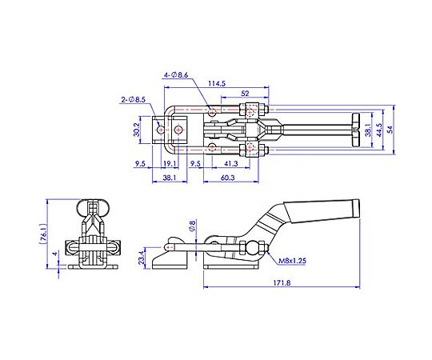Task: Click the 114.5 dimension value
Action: pyautogui.click(x=217, y=83)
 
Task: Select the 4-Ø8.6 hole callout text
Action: pyautogui.click(x=176, y=75)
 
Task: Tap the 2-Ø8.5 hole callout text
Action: pyautogui.click(x=133, y=99)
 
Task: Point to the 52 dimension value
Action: pyautogui.click(x=245, y=94)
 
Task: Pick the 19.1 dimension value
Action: pyautogui.click(x=170, y=164)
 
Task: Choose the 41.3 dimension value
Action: pyautogui.click(x=231, y=164)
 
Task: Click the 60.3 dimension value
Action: pyautogui.click(x=227, y=178)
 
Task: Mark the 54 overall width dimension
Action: pyautogui.click(x=390, y=129)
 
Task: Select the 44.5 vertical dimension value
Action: pyautogui.click(x=379, y=130)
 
